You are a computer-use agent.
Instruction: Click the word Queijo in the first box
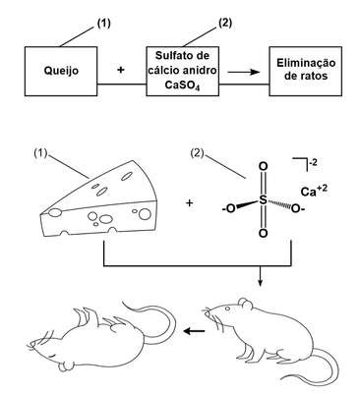click(61, 71)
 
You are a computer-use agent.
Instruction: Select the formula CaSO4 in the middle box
click(183, 85)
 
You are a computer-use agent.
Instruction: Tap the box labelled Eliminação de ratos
click(306, 71)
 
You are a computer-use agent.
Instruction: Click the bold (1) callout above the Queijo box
click(104, 24)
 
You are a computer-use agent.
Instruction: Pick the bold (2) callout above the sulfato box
click(225, 24)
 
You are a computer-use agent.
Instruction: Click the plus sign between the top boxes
click(121, 70)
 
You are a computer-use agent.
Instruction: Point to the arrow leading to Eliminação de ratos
click(244, 72)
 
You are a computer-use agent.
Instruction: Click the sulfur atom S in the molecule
click(263, 199)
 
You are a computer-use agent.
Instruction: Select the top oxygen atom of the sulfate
click(263, 166)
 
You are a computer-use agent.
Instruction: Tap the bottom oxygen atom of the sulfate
click(263, 233)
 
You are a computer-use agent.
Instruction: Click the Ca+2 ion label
click(314, 191)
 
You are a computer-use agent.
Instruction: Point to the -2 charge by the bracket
click(313, 162)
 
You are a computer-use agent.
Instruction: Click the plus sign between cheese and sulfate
click(189, 203)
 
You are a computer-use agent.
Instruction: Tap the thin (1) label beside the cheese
click(41, 153)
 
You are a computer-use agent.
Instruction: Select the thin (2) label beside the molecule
click(197, 153)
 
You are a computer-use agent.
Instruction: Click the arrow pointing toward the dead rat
click(194, 331)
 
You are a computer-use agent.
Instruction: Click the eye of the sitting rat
click(227, 309)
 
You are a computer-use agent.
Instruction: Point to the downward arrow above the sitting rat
click(260, 277)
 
